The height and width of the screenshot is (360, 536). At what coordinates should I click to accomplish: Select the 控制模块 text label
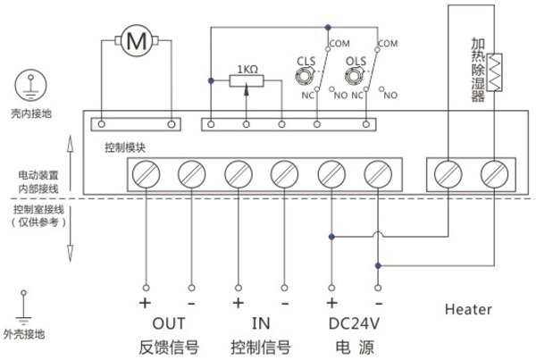(125, 147)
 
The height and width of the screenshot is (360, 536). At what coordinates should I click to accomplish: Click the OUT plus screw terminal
(145, 173)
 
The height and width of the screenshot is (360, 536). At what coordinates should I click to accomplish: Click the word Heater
(467, 309)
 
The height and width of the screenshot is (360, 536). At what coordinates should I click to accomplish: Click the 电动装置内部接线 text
(38, 181)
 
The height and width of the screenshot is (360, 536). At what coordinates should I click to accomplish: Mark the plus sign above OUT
(145, 302)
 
